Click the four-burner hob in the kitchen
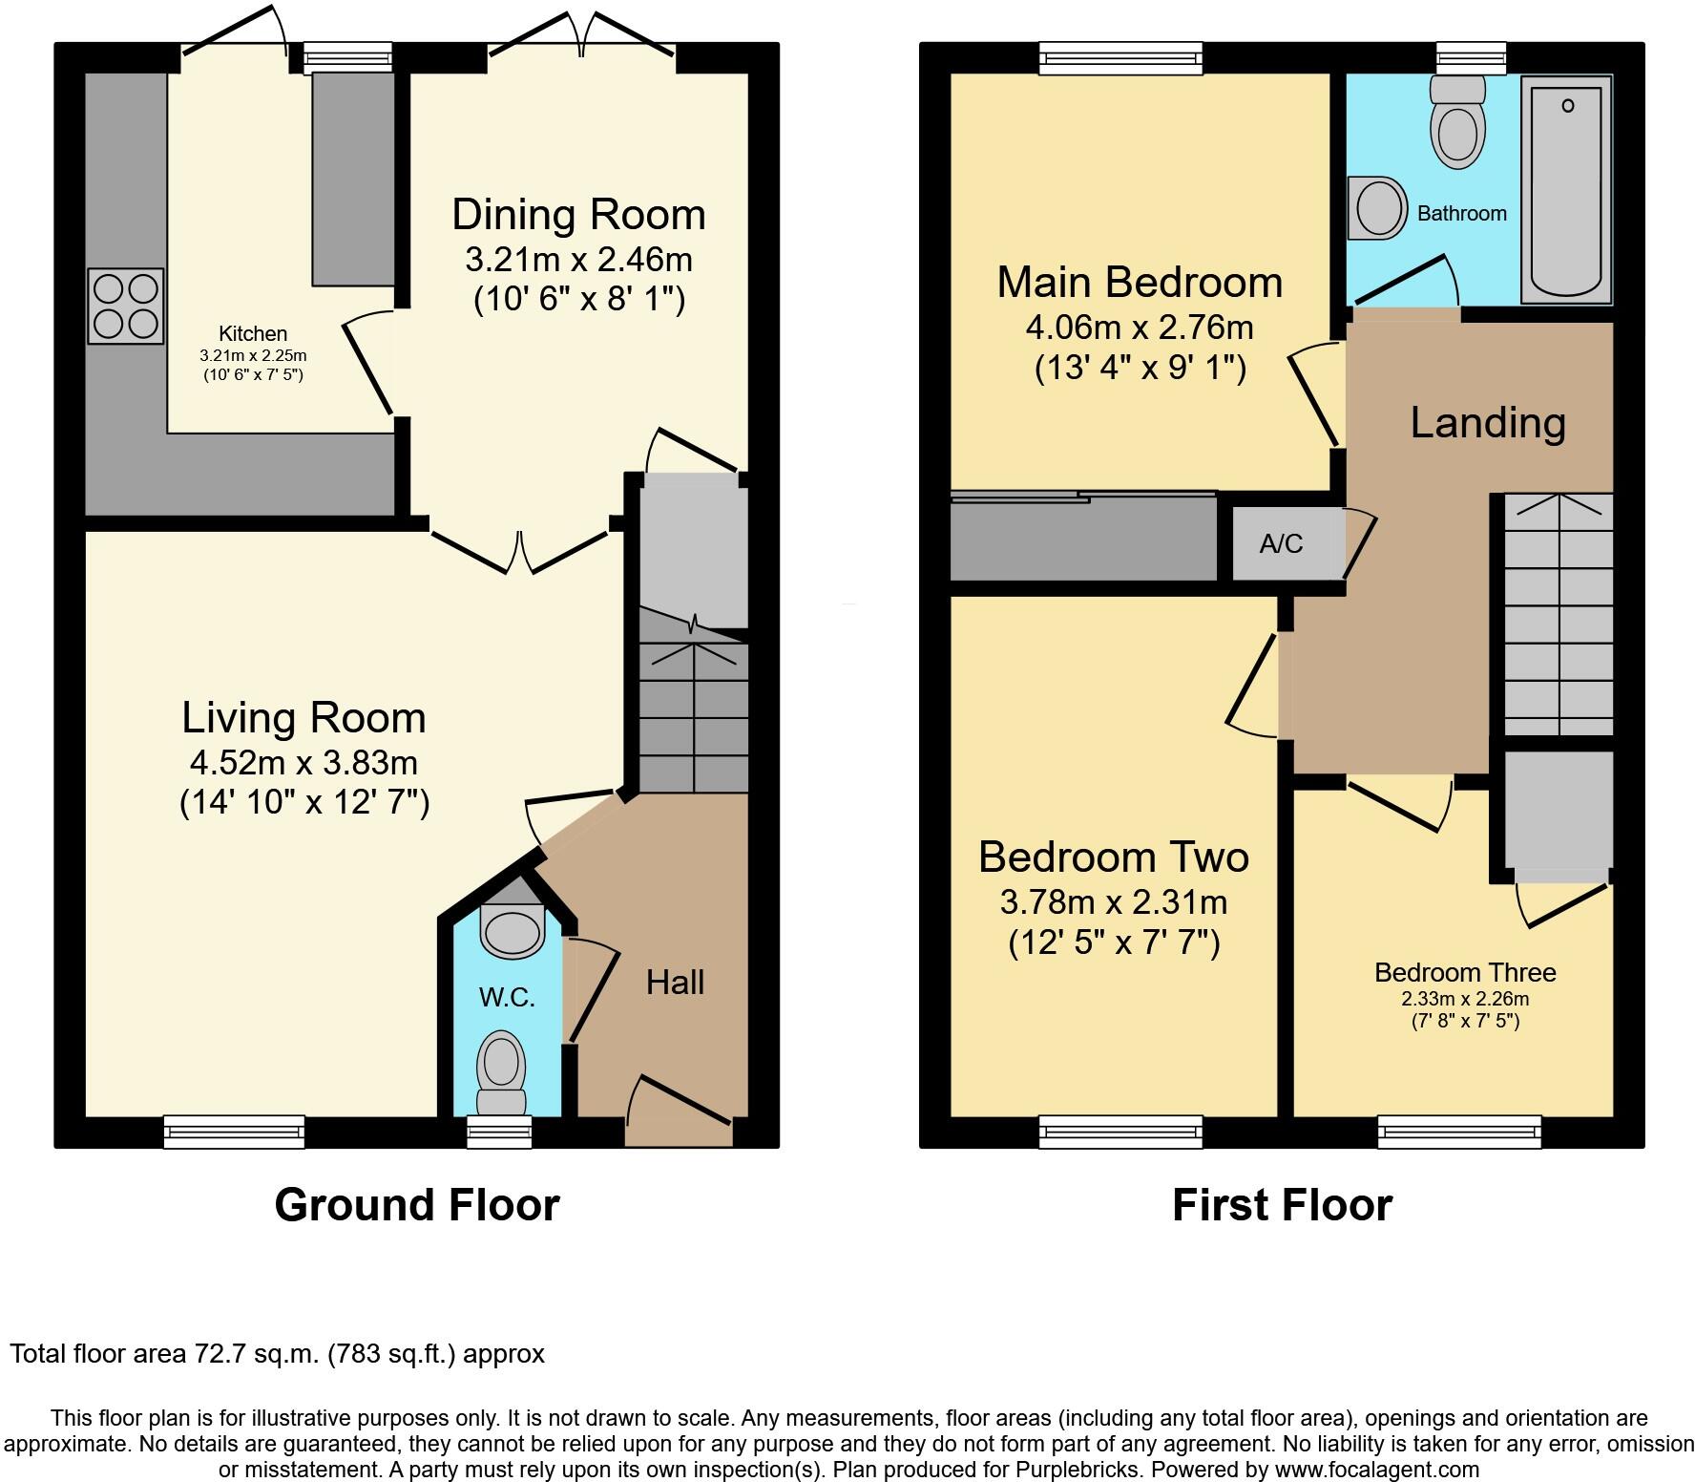[125, 307]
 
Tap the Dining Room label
[578, 215]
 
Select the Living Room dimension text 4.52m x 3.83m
[303, 763]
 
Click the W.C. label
[506, 998]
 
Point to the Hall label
[675, 983]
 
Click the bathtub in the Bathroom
[1565, 189]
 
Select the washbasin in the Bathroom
[1378, 209]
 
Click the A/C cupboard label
[1281, 544]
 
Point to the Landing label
[1487, 423]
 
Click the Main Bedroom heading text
[1140, 283]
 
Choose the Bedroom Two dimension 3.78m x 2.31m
[1114, 901]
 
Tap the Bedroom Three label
[1465, 973]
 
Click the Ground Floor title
[417, 1205]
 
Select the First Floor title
[1282, 1205]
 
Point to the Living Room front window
[234, 1132]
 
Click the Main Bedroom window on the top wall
[1120, 58]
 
